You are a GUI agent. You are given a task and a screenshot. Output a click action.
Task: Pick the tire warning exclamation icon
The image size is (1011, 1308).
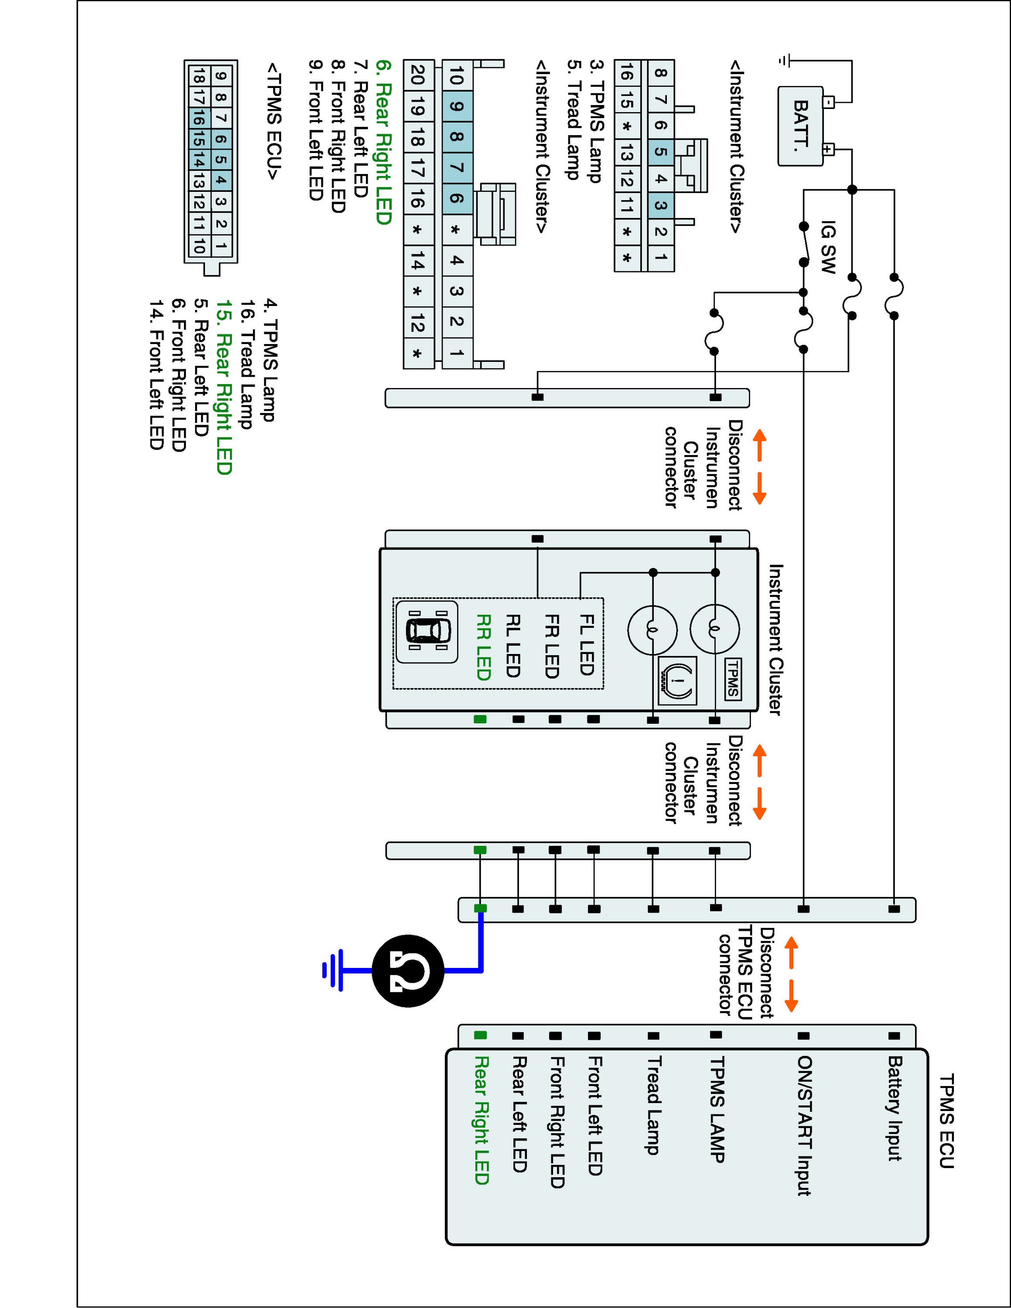677,680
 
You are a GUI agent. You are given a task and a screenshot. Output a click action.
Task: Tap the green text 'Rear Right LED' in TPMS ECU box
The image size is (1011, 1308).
482,1121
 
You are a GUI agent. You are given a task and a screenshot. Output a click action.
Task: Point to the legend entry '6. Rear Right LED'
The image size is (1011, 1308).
383,143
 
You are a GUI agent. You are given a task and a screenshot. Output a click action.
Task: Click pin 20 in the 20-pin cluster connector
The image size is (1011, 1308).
417,75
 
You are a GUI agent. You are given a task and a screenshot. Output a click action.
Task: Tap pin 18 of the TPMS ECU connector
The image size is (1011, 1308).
198,75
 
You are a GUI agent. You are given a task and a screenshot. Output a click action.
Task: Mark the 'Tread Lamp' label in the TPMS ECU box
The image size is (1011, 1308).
653,1105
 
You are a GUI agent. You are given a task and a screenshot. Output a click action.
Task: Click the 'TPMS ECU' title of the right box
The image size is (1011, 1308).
946,1121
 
